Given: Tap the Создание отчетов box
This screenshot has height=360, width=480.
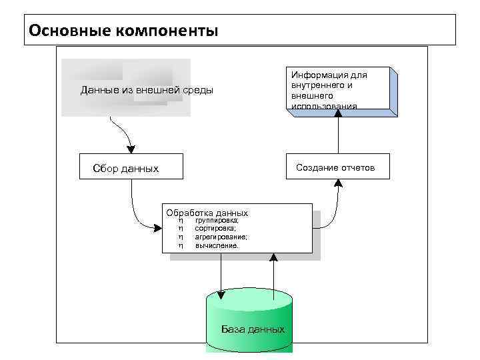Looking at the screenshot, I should click(335, 167).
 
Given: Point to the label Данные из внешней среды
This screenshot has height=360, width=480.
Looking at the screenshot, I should click(147, 90).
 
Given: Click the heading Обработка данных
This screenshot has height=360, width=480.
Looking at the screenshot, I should click(207, 213).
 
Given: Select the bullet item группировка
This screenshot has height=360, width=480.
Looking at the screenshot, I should click(216, 220).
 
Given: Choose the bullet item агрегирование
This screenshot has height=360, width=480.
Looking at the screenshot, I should click(221, 237).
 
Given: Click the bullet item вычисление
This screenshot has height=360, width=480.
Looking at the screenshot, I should click(216, 245).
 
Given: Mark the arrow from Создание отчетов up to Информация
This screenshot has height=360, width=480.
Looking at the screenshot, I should click(338, 133).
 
